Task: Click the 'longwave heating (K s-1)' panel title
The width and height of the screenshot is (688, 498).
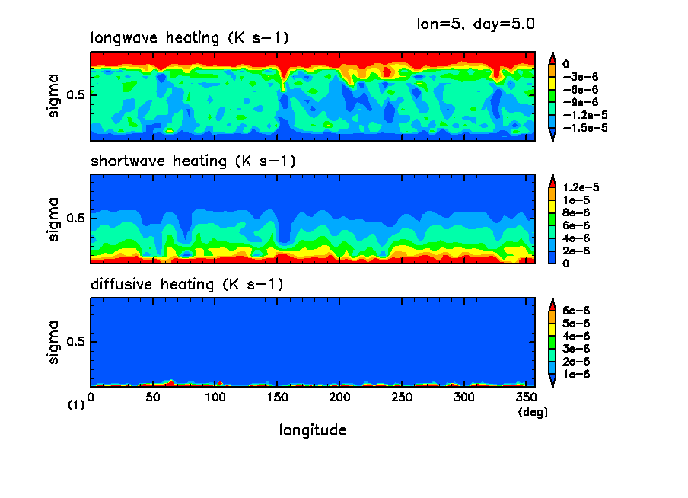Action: (x=190, y=38)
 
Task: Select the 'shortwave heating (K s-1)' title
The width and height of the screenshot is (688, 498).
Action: (x=193, y=161)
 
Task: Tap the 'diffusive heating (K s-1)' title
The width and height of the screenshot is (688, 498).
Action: (x=187, y=285)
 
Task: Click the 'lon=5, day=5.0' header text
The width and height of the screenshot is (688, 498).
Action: (x=476, y=24)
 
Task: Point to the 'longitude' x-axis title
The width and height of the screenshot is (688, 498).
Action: (x=313, y=430)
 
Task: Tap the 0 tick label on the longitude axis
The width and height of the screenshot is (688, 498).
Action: (x=91, y=397)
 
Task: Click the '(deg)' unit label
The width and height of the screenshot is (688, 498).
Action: (x=533, y=412)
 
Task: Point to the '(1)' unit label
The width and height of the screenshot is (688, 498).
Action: (x=76, y=405)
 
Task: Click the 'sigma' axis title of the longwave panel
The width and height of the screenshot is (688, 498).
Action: (x=53, y=95)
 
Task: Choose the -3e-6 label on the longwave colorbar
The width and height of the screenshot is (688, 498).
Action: (x=580, y=77)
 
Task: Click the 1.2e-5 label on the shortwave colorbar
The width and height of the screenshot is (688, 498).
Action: (x=582, y=187)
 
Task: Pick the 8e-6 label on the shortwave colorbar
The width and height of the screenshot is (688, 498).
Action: (x=576, y=212)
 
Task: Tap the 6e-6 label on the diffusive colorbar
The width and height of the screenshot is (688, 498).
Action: (x=576, y=311)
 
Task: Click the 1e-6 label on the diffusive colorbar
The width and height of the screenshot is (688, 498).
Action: (x=576, y=374)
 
